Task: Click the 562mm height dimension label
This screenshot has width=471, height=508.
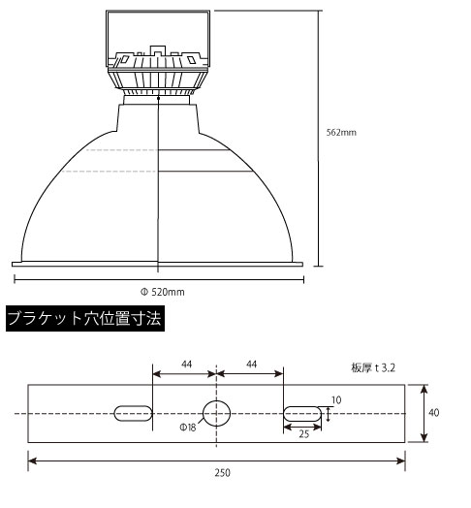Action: point(343,132)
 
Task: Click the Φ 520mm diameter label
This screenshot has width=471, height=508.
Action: point(162,291)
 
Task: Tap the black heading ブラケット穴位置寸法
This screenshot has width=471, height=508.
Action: point(84,318)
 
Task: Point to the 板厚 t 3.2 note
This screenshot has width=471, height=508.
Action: point(374,368)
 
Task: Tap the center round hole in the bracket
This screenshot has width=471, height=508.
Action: point(216,413)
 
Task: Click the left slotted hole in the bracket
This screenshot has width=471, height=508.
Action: point(134,413)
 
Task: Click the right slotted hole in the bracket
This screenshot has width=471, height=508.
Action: point(299,413)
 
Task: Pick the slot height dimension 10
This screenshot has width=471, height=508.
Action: point(336,399)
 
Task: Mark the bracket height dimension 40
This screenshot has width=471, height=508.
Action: point(433,413)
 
